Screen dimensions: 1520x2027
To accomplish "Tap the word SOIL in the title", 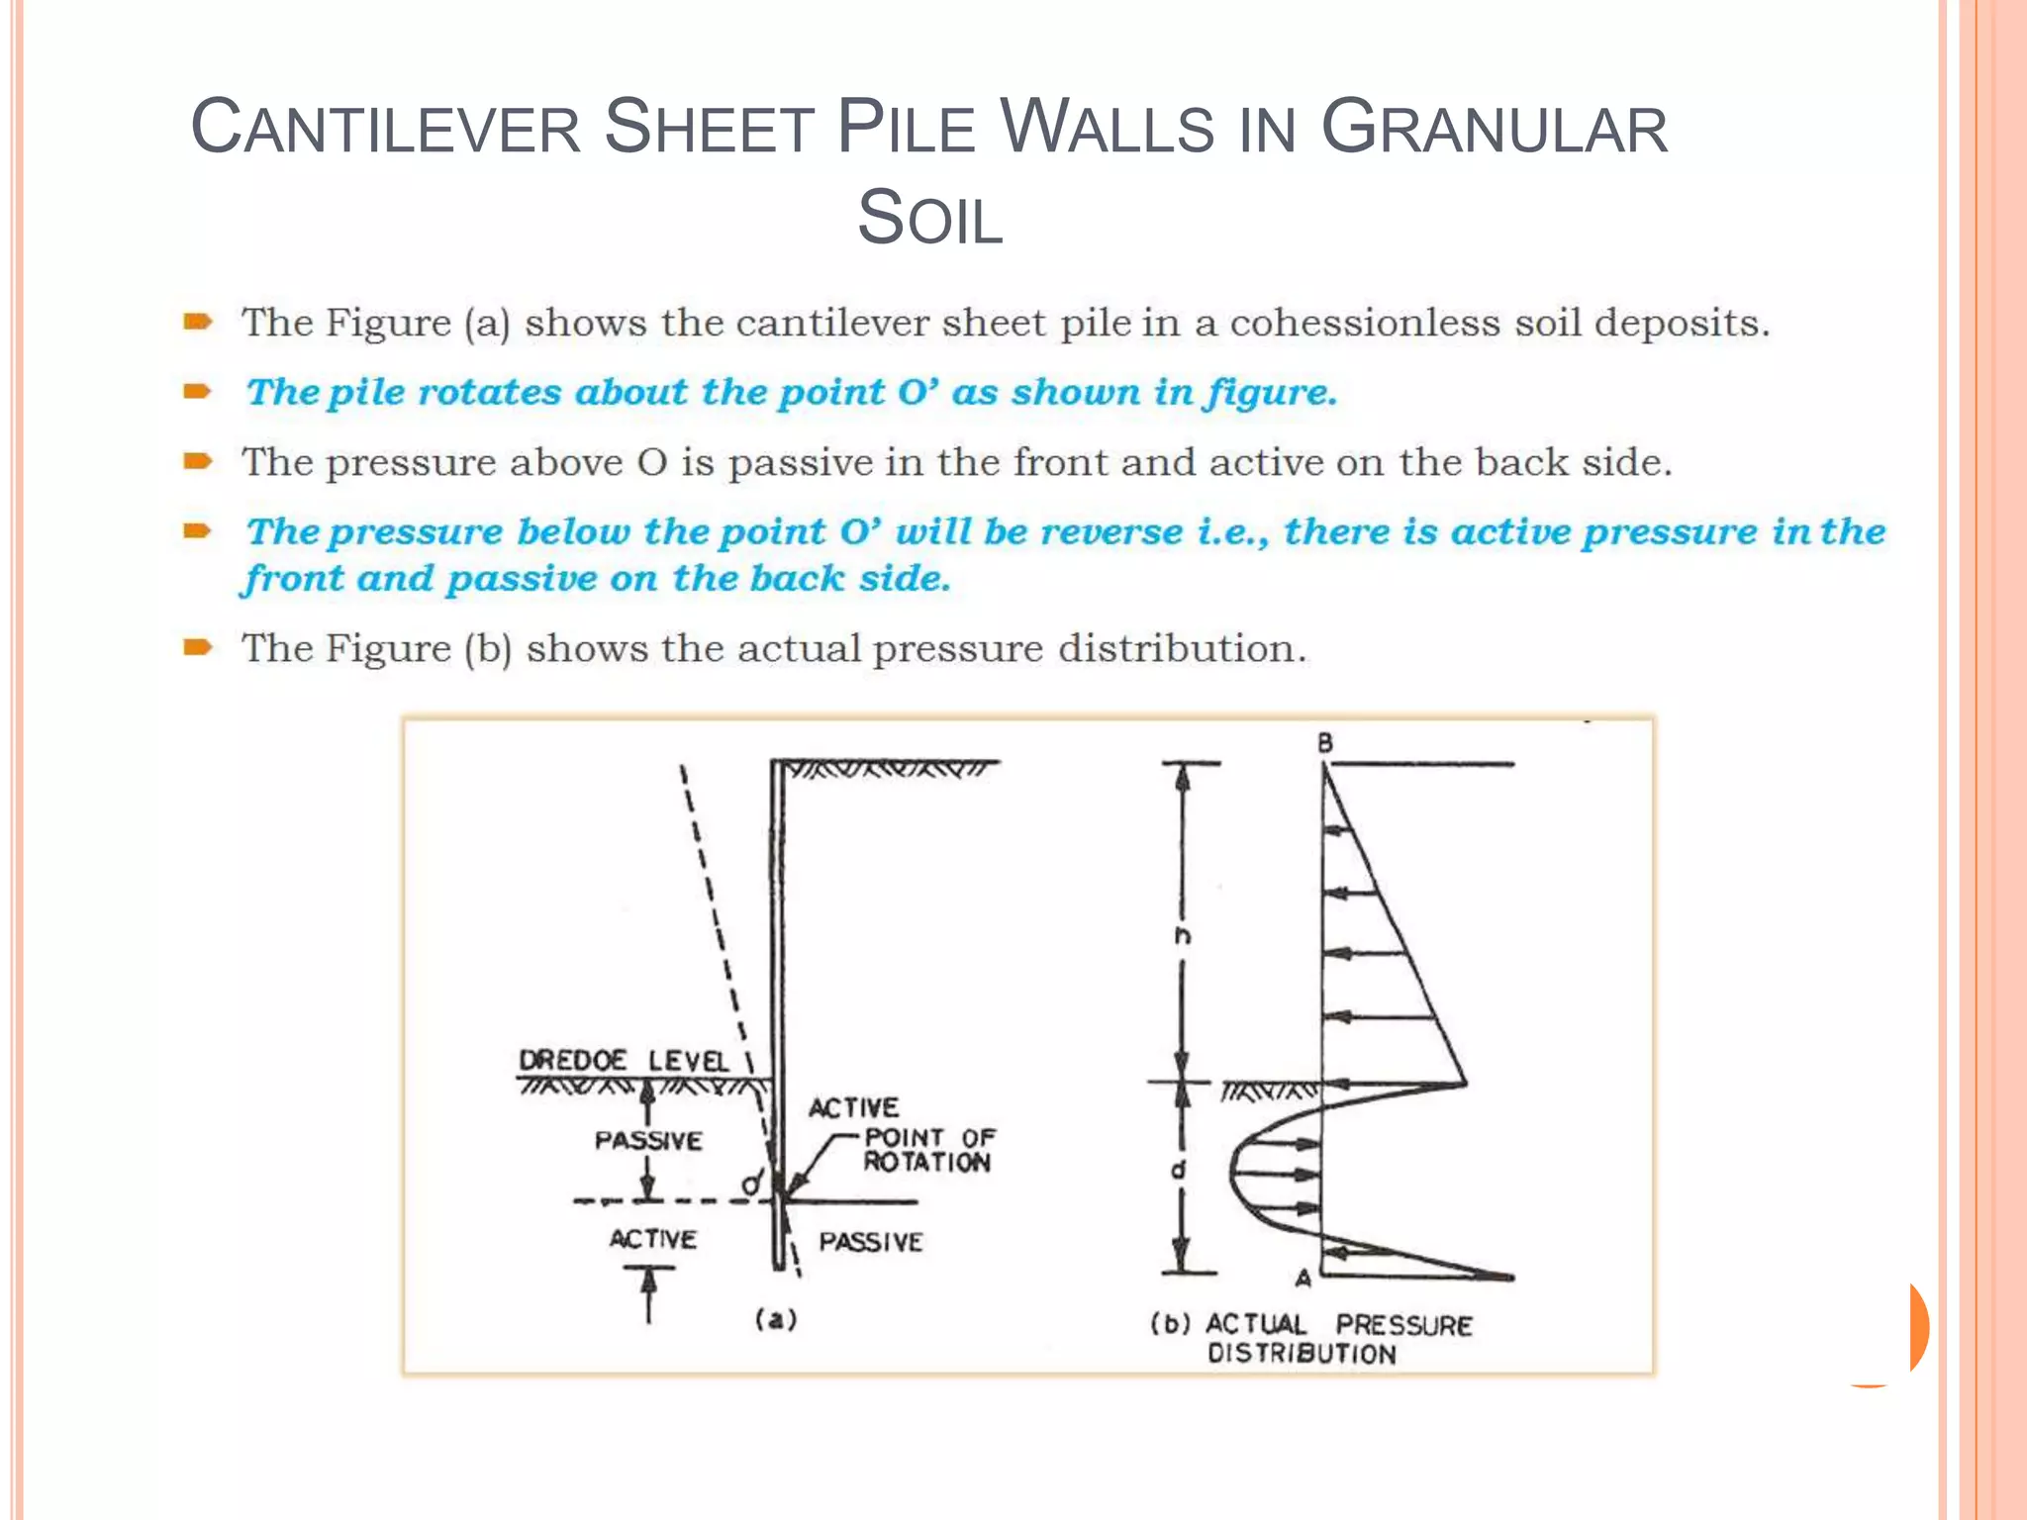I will pos(929,219).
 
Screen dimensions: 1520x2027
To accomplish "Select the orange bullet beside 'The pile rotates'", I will pos(198,391).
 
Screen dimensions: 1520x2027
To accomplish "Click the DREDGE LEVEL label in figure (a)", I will pos(624,1061).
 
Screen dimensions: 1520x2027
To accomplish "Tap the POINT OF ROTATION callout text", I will pos(928,1150).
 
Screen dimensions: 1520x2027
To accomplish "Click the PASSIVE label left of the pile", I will pos(648,1141).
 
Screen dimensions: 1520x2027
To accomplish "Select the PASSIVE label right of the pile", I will pos(870,1242).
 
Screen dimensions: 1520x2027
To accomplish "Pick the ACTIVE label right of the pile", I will pos(853,1108).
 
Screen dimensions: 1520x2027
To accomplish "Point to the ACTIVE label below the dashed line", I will pos(652,1239).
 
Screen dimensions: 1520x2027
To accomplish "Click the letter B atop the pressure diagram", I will pos(1325,743).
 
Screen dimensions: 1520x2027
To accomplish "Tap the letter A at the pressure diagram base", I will pos(1303,1279).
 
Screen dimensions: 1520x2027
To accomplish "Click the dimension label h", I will pos(1183,935).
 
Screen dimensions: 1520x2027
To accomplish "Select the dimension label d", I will pos(1179,1171).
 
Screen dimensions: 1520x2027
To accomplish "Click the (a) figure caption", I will pos(776,1319).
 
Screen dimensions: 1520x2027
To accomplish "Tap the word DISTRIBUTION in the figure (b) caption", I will pos(1302,1354).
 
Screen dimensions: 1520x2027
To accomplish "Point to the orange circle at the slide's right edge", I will pos(1905,1328).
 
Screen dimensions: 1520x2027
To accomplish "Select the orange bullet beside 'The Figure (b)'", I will pos(198,648).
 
